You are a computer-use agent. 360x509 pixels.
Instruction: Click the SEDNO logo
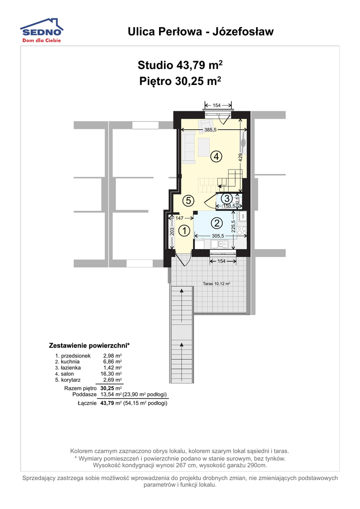(42, 30)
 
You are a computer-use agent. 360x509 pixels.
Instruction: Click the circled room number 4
(216, 157)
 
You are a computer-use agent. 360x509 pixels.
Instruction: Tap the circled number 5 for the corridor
(188, 201)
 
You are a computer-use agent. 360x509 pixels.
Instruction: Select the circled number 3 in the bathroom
(227, 198)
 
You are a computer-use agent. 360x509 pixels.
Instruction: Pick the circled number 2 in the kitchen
(217, 223)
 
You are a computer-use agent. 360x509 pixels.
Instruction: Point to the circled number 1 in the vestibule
(184, 231)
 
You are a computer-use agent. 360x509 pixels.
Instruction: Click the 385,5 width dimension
(210, 130)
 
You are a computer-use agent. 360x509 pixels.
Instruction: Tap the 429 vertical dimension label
(241, 157)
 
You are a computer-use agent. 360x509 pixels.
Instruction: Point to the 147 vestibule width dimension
(180, 218)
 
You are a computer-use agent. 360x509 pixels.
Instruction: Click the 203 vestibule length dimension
(172, 231)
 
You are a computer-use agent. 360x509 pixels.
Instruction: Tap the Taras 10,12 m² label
(216, 283)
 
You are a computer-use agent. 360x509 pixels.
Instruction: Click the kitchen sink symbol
(219, 244)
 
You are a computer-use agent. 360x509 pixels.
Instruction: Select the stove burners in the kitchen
(242, 231)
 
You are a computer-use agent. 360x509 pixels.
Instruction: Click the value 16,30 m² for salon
(111, 374)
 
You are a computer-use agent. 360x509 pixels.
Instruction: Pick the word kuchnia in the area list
(70, 362)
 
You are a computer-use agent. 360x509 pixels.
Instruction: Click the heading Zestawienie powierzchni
(89, 345)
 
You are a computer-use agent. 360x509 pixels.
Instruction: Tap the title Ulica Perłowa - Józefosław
(200, 31)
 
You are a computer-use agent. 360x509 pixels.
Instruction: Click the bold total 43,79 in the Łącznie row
(108, 403)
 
